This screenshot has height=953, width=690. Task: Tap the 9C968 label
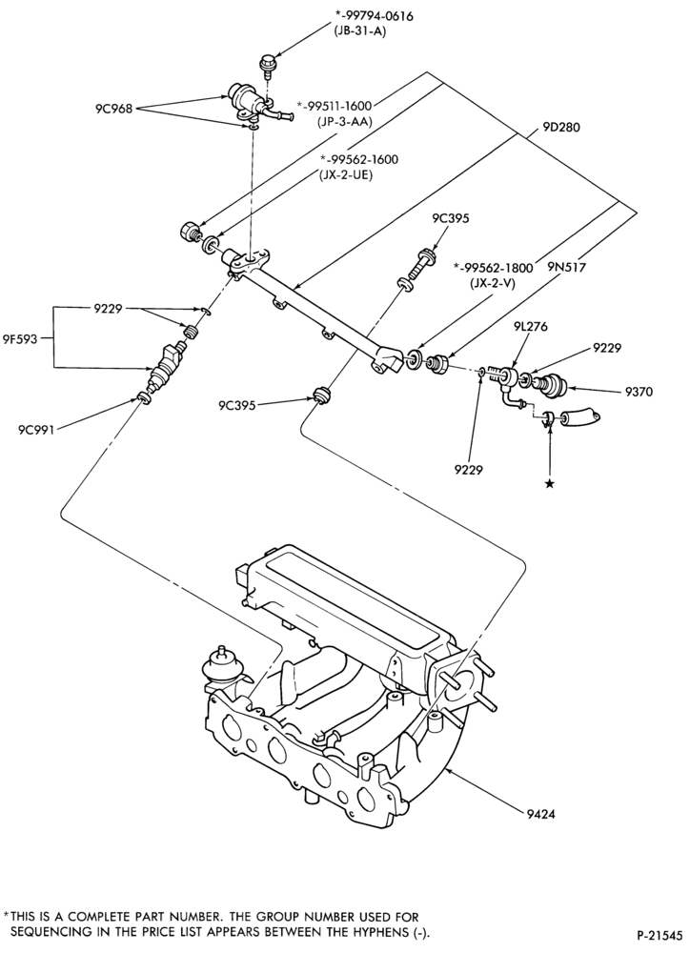[x=113, y=110]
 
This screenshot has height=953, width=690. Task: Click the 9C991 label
[x=36, y=431]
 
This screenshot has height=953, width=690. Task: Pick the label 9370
[x=639, y=392]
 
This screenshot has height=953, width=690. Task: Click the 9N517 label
[x=567, y=266]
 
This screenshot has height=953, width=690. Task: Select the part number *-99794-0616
[x=374, y=16]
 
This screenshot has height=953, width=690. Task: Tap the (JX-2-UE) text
[x=346, y=174]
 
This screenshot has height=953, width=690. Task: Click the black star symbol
[x=550, y=484]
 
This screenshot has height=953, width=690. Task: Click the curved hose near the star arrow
[x=580, y=419]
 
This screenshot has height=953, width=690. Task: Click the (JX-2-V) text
[x=487, y=283]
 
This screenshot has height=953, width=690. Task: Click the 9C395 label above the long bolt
[x=451, y=219]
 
